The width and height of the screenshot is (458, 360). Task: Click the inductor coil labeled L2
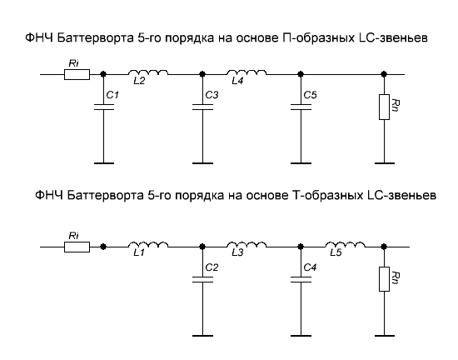[148, 72]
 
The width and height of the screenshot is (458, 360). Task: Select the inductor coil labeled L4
[246, 72]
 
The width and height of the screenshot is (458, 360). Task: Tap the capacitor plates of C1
[104, 107]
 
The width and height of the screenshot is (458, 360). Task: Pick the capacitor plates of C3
[202, 107]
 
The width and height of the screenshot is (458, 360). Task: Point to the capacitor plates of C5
[301, 107]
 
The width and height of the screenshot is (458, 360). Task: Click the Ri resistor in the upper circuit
[77, 74]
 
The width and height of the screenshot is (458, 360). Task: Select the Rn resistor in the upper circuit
[384, 107]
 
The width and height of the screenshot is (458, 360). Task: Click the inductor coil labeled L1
[148, 244]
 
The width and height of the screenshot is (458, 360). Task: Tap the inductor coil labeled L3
[246, 244]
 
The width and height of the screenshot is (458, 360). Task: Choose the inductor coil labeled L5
[346, 244]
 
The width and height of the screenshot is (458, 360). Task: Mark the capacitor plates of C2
[202, 279]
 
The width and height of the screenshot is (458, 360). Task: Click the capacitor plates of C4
[301, 279]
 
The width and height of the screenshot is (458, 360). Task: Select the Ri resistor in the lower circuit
[77, 247]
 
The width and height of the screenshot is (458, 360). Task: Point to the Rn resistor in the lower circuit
[384, 279]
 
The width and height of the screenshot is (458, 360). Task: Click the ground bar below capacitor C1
[104, 163]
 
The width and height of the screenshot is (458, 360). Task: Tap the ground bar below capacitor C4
[301, 336]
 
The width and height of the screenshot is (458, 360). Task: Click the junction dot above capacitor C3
[202, 74]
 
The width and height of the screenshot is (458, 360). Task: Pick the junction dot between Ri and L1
[102, 247]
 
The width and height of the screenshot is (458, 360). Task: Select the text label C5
[310, 95]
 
